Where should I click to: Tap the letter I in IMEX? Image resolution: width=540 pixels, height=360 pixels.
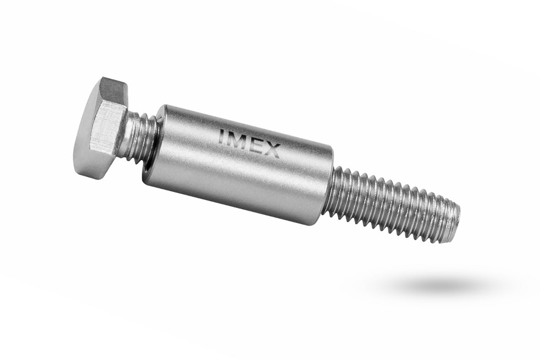click(222, 136)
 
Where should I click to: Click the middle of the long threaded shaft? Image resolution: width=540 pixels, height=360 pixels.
click(394, 206)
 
